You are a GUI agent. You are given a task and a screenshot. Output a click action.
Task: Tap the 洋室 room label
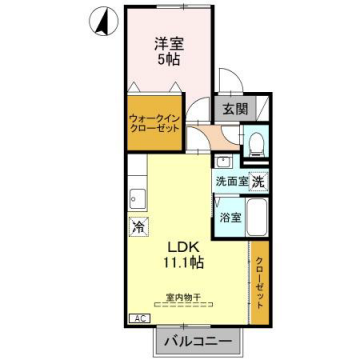click(167, 43)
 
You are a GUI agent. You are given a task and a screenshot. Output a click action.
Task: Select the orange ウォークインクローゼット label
click(154, 125)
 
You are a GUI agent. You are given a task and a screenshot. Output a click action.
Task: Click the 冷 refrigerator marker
click(137, 226)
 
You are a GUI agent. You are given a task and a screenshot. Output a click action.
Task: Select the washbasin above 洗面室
click(223, 161)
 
